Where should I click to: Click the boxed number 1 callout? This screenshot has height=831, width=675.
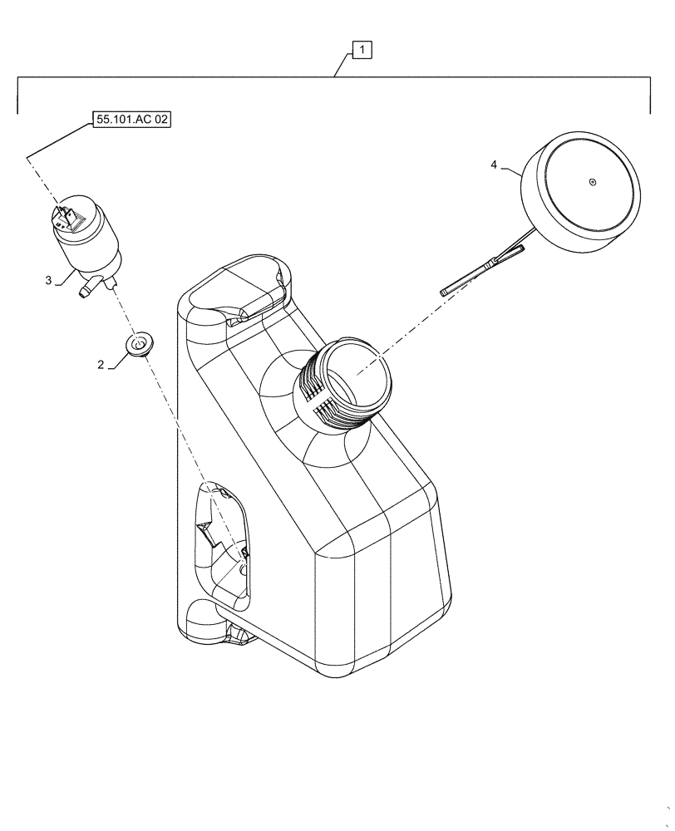point(362,50)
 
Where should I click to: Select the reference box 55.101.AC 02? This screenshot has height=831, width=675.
point(132,120)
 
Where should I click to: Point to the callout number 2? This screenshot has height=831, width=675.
point(101,364)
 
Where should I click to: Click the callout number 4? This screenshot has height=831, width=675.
point(494,166)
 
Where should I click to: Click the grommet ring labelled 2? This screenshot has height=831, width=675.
point(140,344)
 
